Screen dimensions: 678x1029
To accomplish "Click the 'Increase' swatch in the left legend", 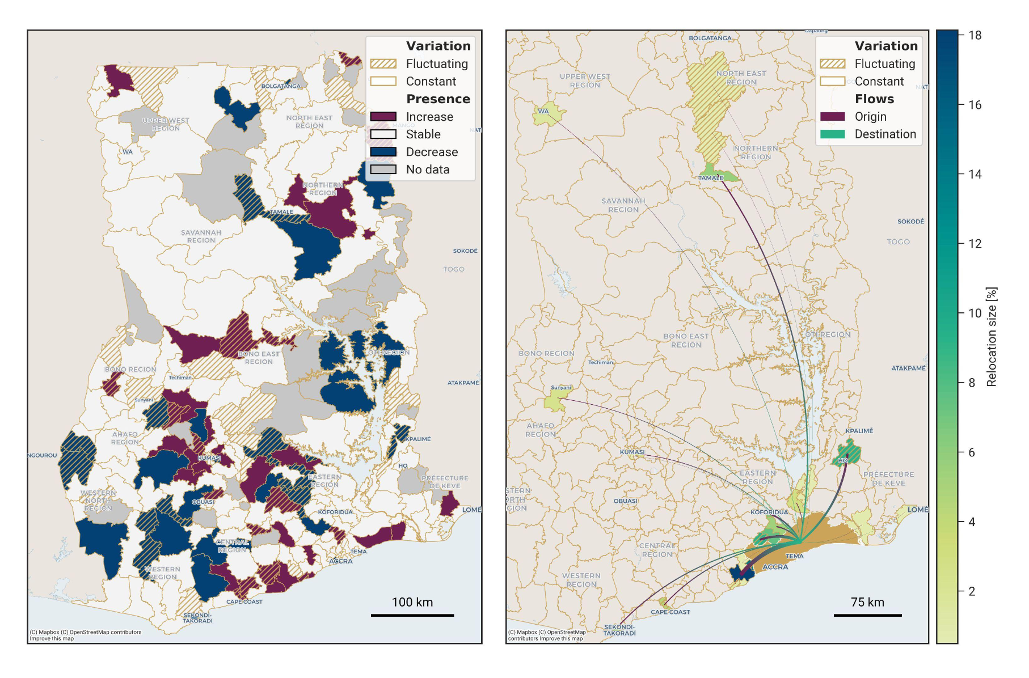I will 383,117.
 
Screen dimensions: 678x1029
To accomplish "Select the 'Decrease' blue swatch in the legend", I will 383,152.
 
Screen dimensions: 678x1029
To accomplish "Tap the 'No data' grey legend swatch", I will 383,169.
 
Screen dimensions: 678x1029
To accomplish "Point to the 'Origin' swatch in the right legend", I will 832,117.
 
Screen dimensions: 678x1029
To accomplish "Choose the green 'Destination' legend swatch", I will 832,134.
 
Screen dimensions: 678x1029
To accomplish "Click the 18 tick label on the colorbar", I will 975,35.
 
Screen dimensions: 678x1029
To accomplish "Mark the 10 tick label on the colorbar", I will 975,313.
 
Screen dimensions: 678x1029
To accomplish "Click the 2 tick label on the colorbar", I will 972,591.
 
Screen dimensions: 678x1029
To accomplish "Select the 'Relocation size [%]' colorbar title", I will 991,337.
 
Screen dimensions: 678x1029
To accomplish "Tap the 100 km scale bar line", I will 412,615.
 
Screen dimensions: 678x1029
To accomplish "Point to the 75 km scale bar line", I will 867,615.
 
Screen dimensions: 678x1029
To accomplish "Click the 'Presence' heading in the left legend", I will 438,99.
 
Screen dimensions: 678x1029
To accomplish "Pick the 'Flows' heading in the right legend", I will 874,99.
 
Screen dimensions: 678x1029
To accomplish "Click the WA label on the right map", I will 543,111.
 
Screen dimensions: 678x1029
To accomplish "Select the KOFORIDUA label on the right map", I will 769,512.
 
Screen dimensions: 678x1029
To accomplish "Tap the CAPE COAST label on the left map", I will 244,602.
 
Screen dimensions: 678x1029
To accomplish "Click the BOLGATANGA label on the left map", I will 281,86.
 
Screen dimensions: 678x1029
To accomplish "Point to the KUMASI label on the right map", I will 632,452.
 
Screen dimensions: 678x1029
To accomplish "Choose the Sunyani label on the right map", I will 560,388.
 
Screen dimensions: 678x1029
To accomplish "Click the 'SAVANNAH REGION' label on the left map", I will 201,236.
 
